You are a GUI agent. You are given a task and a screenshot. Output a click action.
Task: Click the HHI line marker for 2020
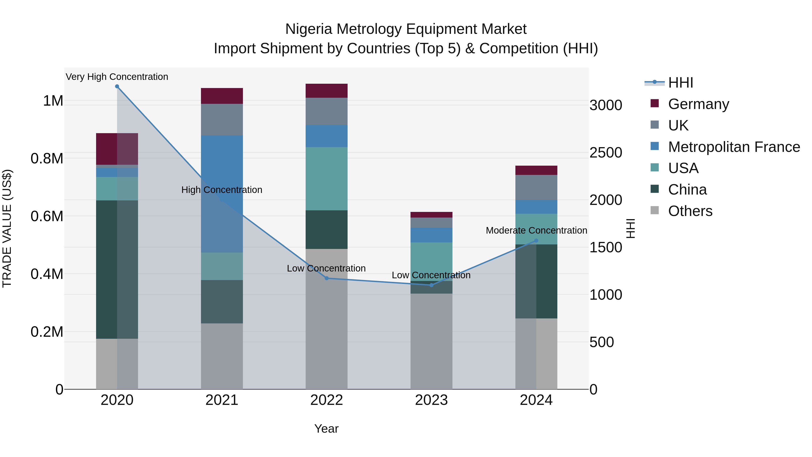pos(117,86)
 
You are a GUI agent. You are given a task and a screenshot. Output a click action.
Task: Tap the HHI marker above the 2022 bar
pos(327,278)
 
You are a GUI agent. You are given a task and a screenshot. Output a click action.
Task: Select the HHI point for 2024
pos(536,241)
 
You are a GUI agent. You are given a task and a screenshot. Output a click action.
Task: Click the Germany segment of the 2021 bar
pos(222,96)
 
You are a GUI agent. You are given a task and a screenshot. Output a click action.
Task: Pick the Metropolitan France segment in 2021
pos(222,194)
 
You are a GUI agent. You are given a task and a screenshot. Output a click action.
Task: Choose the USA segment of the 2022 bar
pos(327,179)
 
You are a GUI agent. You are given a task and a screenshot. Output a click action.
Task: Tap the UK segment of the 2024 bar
pos(536,187)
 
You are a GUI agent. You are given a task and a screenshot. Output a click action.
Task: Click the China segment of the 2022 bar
pos(327,230)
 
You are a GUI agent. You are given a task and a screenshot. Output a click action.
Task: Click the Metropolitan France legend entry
pos(734,147)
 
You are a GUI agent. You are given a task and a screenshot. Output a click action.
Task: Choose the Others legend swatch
pos(655,210)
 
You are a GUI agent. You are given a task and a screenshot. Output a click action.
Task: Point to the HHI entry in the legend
pos(680,83)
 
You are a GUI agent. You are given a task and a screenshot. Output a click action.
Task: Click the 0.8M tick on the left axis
pos(47,159)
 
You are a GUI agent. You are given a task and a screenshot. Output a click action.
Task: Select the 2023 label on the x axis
pos(431,400)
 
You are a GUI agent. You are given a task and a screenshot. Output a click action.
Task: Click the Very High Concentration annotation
pos(117,77)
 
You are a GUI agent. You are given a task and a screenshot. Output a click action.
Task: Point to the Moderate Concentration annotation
pos(536,231)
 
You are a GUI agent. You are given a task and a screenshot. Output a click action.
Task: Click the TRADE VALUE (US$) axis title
pos(7,228)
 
